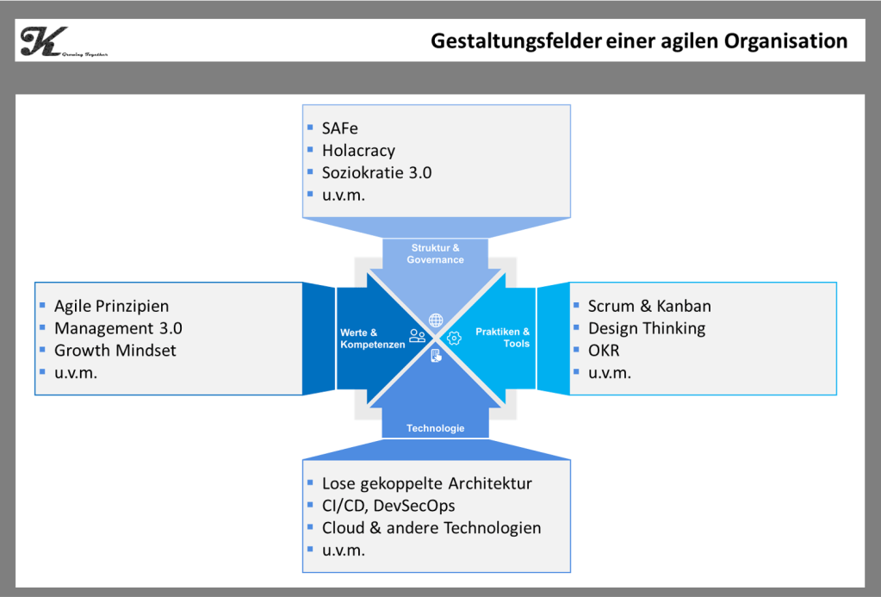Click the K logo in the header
pos(42,41)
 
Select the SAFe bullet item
pos(339,128)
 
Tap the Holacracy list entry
pos(358,151)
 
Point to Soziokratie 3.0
pos(376,172)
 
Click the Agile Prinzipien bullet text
pos(111,306)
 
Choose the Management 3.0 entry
pos(118,328)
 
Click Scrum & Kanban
pos(649,306)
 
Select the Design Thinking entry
pos(646,328)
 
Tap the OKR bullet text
pos(604,351)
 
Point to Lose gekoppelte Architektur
pos(427,483)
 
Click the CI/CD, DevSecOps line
pos(388,506)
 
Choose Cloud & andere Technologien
pos(431,528)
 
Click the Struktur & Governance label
pos(435,254)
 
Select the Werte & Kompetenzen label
pos(370,339)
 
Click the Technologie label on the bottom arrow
pos(435,428)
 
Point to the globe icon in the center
pos(436,320)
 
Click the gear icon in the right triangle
pos(454,339)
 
